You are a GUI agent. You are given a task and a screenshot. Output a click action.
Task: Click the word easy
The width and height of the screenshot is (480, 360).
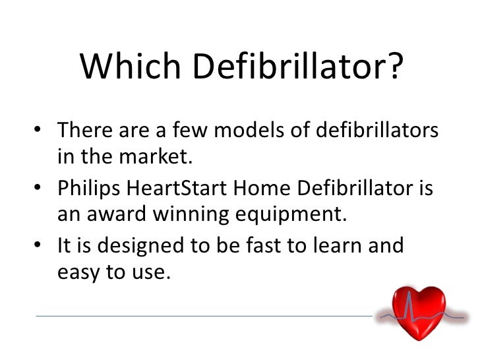[79, 272]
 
